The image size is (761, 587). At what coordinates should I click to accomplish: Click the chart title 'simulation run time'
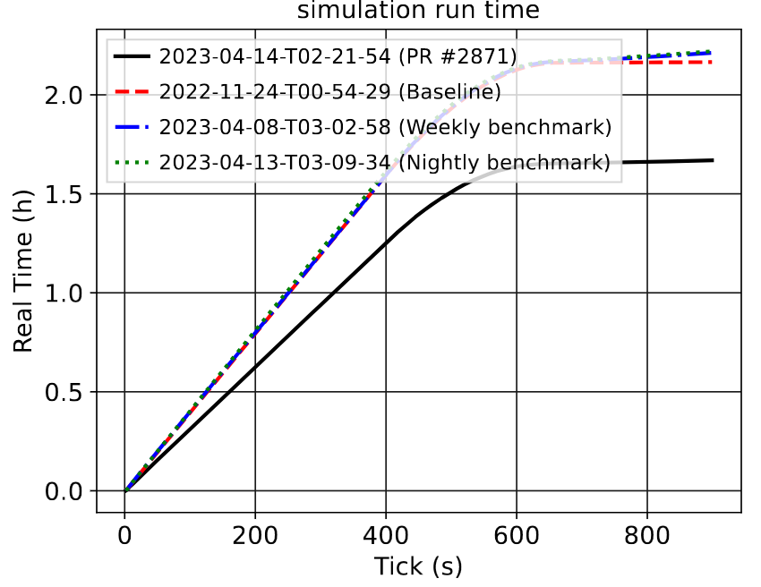(418, 11)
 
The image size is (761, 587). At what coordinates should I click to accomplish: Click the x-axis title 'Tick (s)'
(418, 566)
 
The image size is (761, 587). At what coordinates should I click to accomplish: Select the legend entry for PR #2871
(338, 56)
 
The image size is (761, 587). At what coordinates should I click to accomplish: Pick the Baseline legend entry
(329, 91)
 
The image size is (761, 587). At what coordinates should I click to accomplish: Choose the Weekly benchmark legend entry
(385, 127)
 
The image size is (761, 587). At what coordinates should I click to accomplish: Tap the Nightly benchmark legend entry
(384, 162)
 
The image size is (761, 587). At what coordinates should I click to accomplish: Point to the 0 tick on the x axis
(125, 536)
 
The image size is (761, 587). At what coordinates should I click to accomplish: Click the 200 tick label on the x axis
(255, 536)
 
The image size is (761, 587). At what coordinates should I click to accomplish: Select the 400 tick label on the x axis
(386, 536)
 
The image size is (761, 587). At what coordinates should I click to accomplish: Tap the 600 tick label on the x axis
(517, 536)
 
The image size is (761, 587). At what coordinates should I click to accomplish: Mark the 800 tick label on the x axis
(646, 536)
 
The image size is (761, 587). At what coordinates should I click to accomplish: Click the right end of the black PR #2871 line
(713, 160)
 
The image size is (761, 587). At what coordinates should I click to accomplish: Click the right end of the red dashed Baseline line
(712, 62)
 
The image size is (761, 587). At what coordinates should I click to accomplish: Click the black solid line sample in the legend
(132, 56)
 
